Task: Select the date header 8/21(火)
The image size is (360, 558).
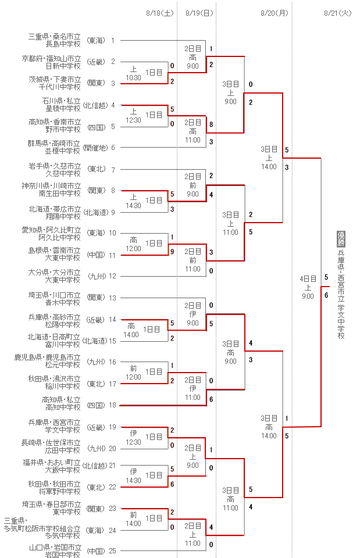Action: tap(338, 12)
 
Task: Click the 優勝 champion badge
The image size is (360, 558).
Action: tap(341, 239)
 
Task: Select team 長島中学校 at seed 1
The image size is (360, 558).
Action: tap(63, 44)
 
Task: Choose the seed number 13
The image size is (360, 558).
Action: tap(113, 298)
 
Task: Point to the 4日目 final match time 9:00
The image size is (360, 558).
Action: tap(308, 296)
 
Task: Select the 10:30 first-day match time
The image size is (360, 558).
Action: tap(133, 77)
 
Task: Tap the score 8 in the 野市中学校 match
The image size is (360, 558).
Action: tap(211, 124)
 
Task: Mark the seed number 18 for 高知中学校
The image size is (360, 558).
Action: tap(113, 405)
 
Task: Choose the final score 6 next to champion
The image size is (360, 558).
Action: tap(326, 295)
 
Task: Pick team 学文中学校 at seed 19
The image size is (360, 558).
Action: tap(63, 431)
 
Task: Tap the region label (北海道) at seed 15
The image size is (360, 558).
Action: tap(94, 341)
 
